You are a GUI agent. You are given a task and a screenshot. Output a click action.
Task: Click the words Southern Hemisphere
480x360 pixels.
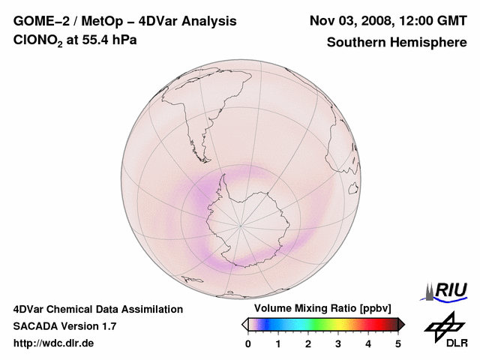[x=397, y=42]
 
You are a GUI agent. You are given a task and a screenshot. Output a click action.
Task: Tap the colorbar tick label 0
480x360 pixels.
[x=248, y=343]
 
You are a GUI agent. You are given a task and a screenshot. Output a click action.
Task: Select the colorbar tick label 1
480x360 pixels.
[x=278, y=343]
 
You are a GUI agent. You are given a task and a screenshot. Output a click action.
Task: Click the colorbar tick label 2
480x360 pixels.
[x=308, y=343]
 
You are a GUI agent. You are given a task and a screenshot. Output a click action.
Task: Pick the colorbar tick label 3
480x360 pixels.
[x=338, y=343]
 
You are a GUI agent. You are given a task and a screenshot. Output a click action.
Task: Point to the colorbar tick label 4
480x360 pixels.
[x=368, y=343]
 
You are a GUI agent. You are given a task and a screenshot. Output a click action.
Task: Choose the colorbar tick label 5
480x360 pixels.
[x=398, y=343]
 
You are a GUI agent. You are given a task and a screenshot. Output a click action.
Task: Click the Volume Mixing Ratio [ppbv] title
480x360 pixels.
[x=319, y=309]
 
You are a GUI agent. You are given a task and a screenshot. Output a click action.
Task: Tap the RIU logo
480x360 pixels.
[x=447, y=290]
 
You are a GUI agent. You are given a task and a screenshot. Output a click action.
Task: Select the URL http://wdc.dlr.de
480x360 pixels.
[x=53, y=343]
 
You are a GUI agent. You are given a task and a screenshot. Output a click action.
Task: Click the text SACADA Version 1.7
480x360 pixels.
[x=64, y=326]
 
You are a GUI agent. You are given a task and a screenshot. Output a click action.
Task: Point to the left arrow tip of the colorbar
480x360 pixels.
[x=244, y=324]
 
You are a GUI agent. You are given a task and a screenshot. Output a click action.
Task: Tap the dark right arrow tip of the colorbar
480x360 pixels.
[x=402, y=324]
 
